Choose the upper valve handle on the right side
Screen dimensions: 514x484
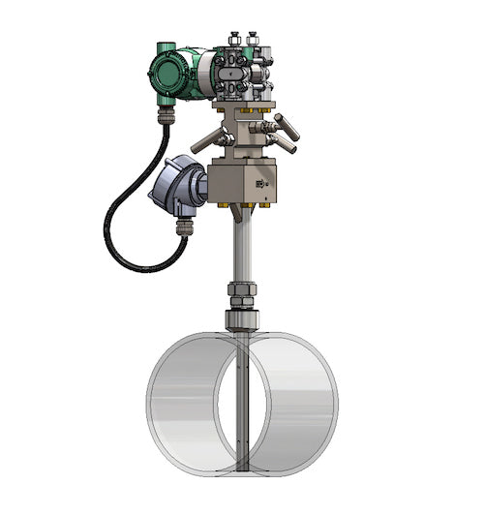[287, 126]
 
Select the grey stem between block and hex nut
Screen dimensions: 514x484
[238, 247]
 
